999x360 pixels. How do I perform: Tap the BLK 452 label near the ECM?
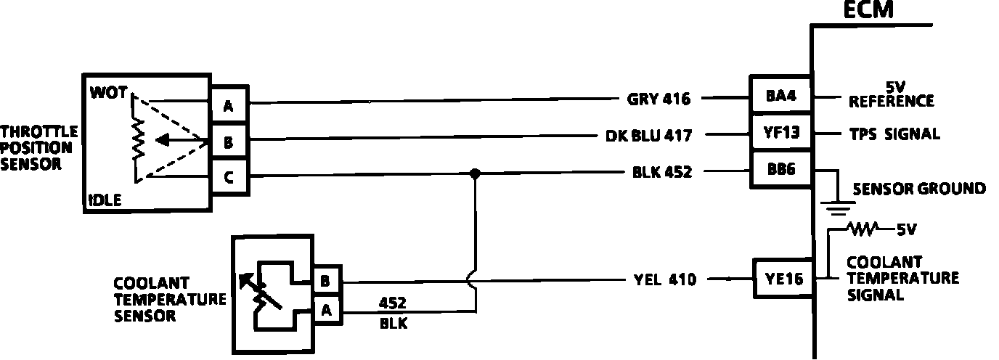click(x=661, y=173)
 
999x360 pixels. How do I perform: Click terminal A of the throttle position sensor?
click(x=228, y=107)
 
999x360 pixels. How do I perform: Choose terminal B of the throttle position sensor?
click(x=228, y=143)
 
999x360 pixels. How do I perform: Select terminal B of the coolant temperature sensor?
click(x=326, y=279)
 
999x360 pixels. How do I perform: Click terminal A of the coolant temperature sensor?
click(x=326, y=311)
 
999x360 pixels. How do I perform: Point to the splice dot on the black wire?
click(x=475, y=174)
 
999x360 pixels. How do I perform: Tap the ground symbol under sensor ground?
click(x=839, y=208)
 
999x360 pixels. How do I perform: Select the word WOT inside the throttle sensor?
click(x=109, y=93)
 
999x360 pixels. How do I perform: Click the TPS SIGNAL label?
click(x=894, y=134)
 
